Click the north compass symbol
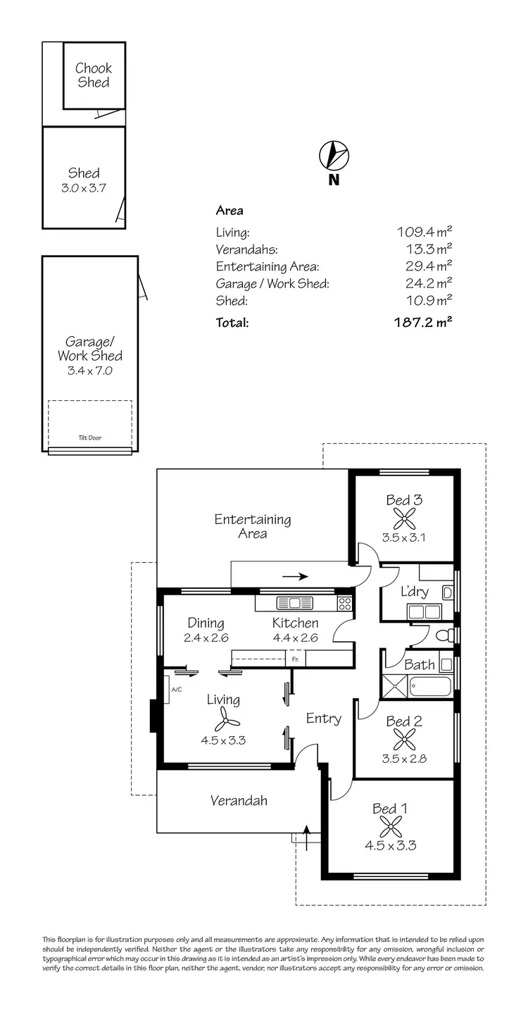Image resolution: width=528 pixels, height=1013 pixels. click(334, 155)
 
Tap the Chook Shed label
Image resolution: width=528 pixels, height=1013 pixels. click(94, 75)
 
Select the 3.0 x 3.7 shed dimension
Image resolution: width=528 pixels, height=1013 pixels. click(84, 188)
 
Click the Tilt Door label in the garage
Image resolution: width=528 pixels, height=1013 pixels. click(89, 437)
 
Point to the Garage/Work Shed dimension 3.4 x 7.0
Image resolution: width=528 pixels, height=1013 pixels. click(89, 370)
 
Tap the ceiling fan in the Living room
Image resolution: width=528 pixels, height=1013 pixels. click(225, 719)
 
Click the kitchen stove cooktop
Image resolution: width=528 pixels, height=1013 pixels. click(345, 603)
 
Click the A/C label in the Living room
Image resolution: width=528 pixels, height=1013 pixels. click(176, 689)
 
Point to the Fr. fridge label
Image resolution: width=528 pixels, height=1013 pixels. click(294, 660)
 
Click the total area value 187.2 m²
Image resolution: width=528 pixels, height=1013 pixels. click(422, 323)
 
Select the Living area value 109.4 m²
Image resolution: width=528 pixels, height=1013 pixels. click(424, 232)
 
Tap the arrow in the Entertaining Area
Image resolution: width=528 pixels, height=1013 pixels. click(295, 576)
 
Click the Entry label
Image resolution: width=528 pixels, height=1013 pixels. click(323, 719)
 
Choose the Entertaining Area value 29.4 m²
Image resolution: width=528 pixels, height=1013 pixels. click(425, 266)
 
